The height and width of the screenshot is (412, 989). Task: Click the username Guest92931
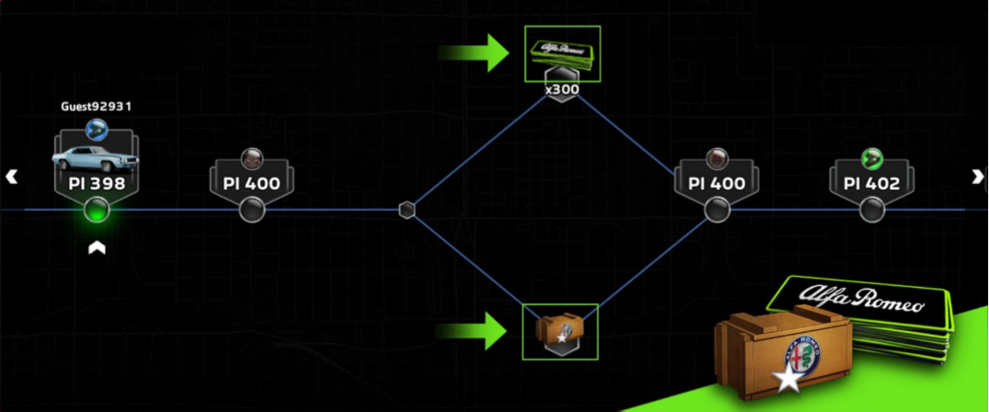(x=97, y=107)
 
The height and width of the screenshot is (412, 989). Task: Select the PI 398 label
(x=97, y=184)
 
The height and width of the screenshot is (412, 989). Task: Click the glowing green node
(x=97, y=210)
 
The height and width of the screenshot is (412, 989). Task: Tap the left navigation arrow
(x=11, y=177)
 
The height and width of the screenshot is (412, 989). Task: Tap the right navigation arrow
(x=978, y=177)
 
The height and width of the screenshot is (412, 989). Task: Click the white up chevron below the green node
(x=97, y=248)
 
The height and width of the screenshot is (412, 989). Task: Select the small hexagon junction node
(x=407, y=210)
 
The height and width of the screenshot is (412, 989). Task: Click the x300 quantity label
(x=562, y=89)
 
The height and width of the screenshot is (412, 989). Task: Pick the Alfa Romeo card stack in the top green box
(x=562, y=53)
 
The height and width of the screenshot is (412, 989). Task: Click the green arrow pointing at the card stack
(x=473, y=52)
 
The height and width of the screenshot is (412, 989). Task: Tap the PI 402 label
(x=871, y=184)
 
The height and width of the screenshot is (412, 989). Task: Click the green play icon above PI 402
(x=871, y=158)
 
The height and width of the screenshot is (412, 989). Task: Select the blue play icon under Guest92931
(x=97, y=131)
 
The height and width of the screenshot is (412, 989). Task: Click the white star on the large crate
(x=787, y=381)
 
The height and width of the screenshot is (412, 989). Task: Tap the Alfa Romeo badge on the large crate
(x=802, y=357)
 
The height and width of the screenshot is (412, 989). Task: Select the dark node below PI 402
(x=871, y=210)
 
